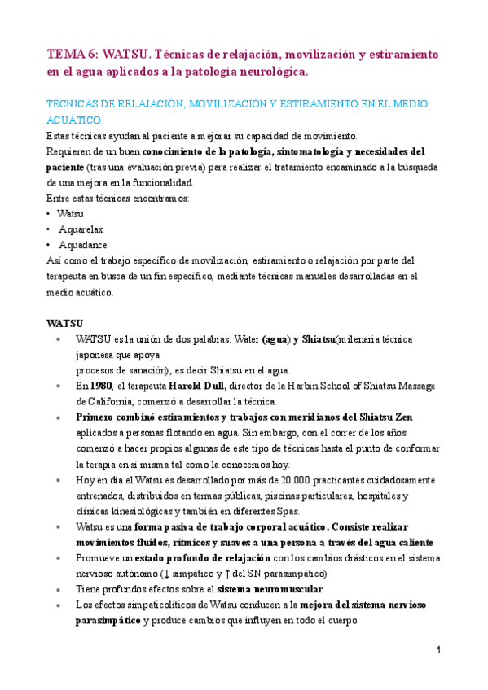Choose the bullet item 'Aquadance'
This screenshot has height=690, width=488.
click(x=82, y=244)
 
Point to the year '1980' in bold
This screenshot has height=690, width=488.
click(x=101, y=386)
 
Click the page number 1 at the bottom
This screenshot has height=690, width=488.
click(x=437, y=650)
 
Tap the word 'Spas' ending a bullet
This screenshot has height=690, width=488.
click(x=288, y=511)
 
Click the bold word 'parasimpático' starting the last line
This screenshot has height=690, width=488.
click(x=108, y=620)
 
